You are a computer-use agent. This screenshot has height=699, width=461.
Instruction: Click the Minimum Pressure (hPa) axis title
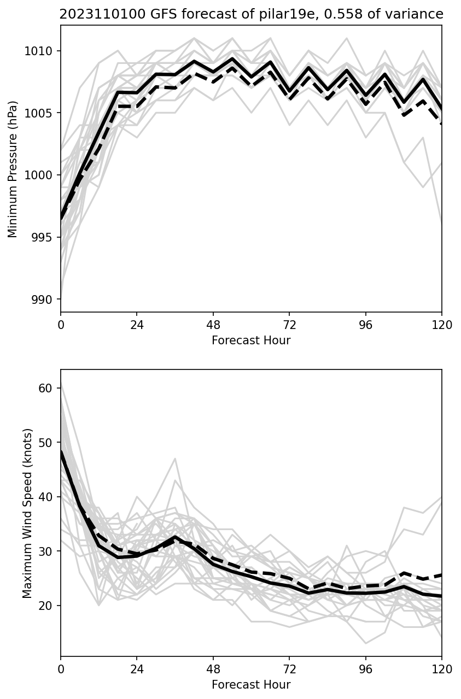[13, 169]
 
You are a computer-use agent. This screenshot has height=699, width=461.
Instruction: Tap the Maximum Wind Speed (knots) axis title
[27, 513]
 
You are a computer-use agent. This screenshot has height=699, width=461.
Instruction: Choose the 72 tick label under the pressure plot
[289, 325]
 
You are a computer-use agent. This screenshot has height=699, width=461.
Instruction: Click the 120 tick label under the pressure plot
[442, 325]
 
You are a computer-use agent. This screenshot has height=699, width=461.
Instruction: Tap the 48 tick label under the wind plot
[213, 669]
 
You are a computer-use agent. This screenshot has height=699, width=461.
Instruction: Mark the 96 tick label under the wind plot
[366, 669]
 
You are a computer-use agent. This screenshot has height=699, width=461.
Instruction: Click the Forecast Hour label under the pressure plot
[251, 340]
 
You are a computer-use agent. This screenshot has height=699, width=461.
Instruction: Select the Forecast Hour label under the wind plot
[251, 685]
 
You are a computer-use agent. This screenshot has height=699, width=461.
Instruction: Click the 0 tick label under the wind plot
[61, 669]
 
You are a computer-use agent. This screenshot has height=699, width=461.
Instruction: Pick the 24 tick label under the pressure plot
[137, 325]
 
